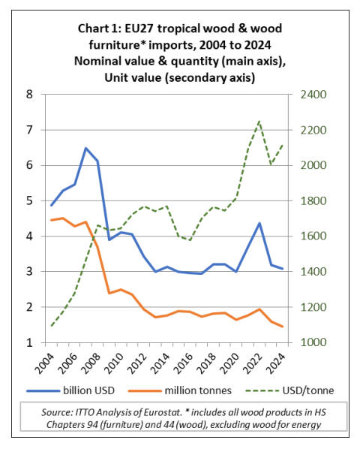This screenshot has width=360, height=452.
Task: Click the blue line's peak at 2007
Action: click(85, 148)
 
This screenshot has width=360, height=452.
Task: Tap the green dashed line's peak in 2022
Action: click(259, 121)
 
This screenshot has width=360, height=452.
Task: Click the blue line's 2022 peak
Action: click(259, 223)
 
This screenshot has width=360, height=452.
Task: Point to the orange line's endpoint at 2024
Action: click(283, 327)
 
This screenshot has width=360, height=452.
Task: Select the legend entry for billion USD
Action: click(70, 390)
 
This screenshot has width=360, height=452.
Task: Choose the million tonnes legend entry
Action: click(180, 390)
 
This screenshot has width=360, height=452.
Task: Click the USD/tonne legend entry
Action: click(289, 390)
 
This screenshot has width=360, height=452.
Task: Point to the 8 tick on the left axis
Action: click(29, 95)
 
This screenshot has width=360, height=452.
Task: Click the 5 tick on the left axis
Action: click(29, 200)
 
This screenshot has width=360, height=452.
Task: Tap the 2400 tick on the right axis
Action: click(313, 95)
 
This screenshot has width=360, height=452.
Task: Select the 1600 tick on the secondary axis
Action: click(313, 236)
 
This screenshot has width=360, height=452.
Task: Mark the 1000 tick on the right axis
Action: click(313, 342)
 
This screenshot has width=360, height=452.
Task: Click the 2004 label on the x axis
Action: click(45, 363)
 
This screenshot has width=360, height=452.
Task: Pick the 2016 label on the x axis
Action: click(184, 363)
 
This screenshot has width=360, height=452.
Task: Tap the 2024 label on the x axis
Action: click(277, 363)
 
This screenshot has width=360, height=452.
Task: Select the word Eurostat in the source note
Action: click(162, 412)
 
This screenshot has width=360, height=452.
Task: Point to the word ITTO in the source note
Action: click(85, 412)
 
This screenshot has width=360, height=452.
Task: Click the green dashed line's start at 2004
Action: click(51, 326)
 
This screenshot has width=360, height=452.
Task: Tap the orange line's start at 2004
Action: click(51, 220)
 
